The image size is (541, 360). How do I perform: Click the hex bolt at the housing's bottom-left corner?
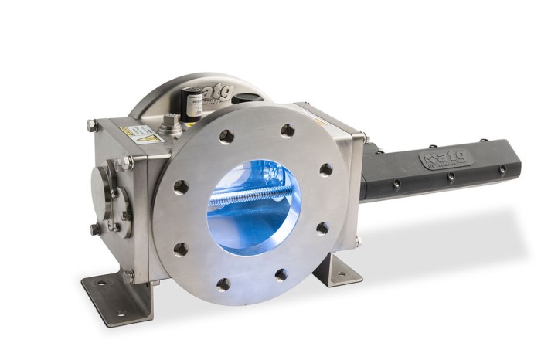coord(94,229)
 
